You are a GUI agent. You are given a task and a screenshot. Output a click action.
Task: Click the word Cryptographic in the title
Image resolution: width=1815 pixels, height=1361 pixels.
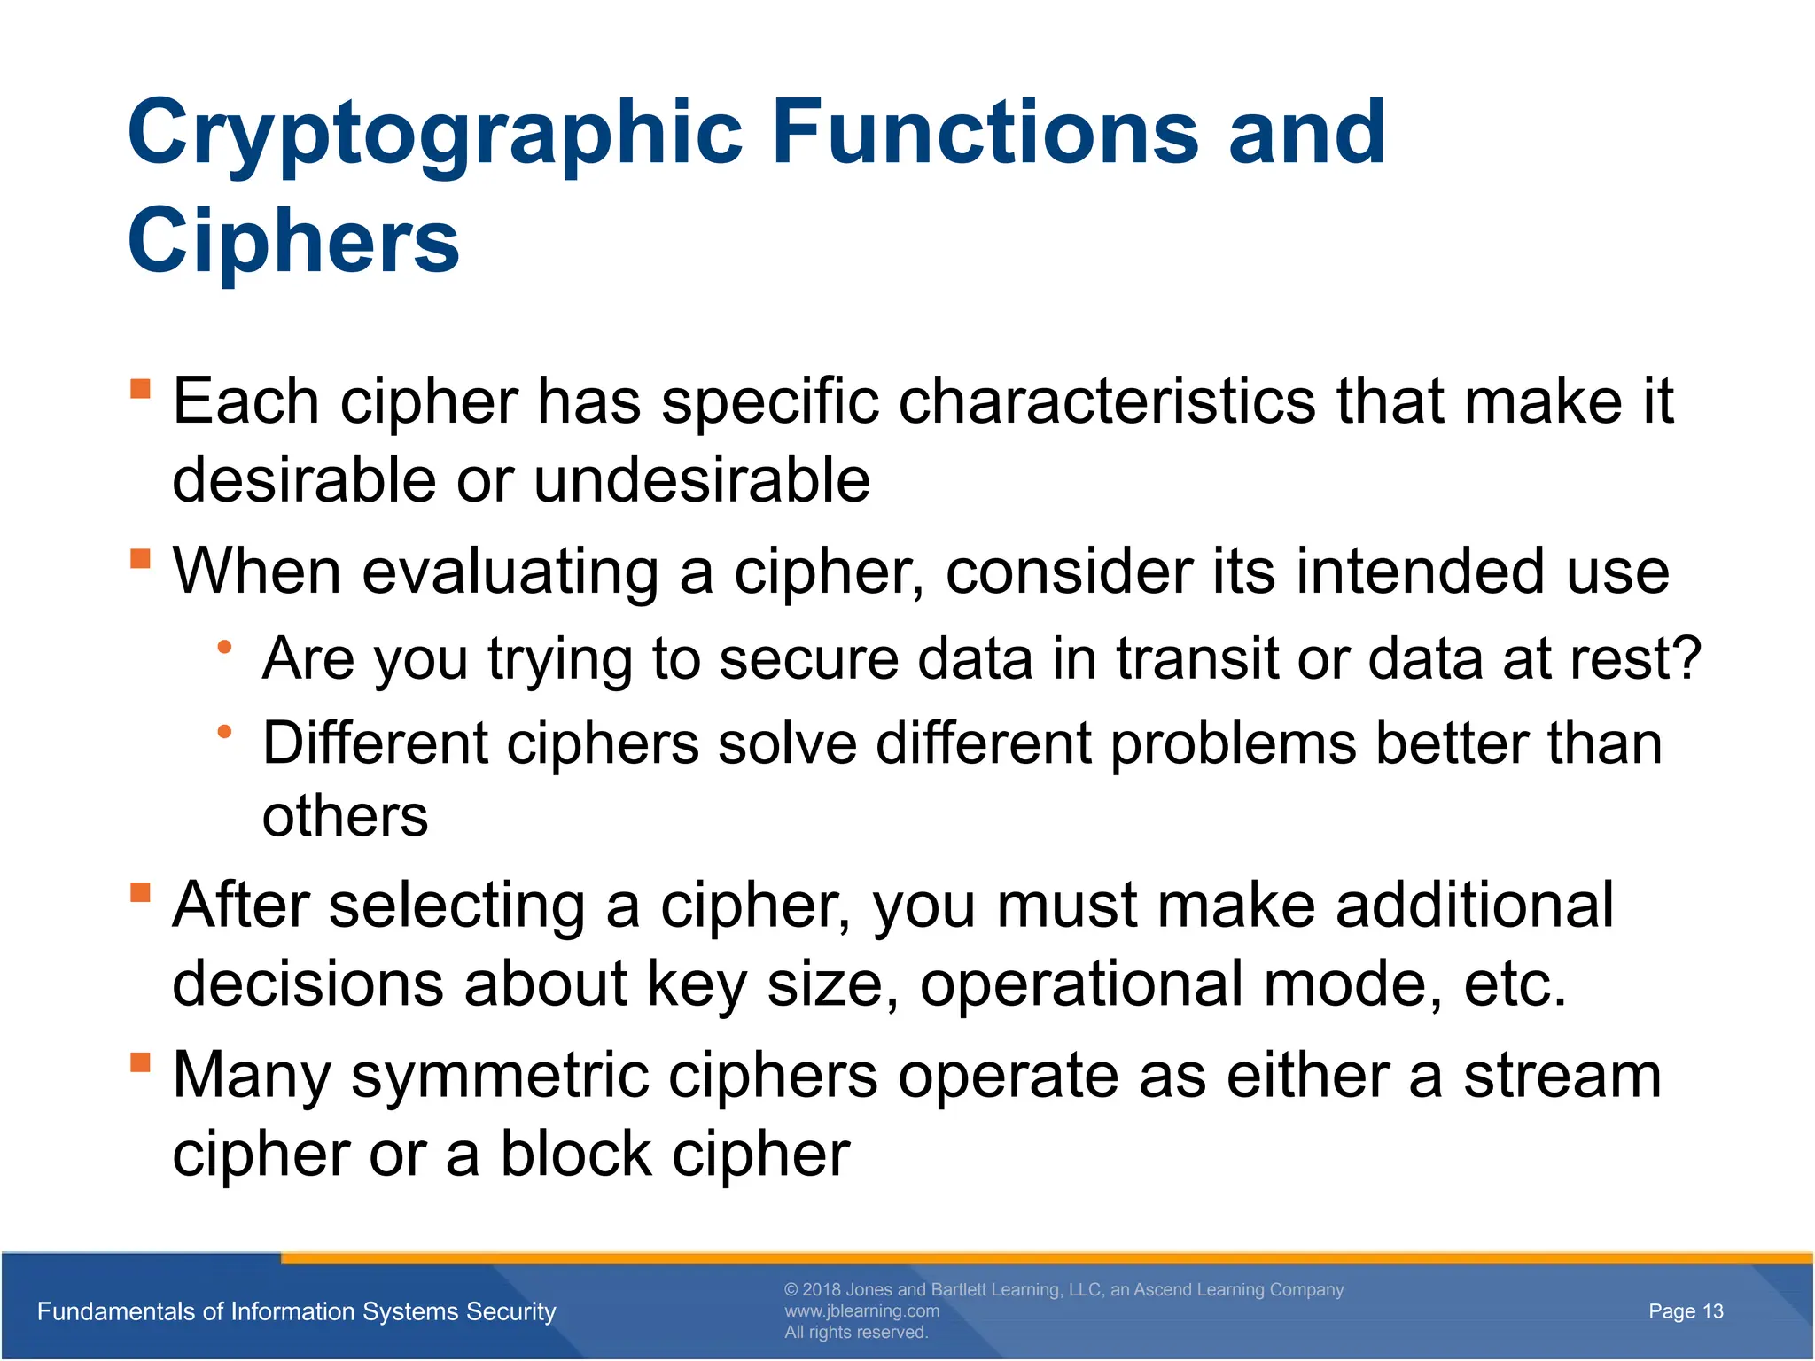click(434, 135)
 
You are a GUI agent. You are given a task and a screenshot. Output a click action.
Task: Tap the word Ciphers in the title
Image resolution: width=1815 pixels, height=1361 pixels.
click(293, 242)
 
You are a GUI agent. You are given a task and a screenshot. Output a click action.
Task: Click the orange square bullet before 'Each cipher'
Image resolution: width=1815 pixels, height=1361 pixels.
click(141, 389)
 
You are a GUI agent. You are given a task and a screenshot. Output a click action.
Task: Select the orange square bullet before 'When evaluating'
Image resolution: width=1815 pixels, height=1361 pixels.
click(141, 558)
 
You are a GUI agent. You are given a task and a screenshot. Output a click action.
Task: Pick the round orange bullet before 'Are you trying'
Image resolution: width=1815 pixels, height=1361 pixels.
click(225, 647)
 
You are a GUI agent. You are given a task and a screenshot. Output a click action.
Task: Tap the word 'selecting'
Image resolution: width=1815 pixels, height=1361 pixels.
click(457, 906)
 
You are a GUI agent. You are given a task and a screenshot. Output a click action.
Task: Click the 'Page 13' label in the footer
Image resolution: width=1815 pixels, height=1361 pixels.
click(1686, 1311)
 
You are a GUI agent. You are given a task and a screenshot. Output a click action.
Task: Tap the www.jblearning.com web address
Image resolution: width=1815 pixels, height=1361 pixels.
click(861, 1310)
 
